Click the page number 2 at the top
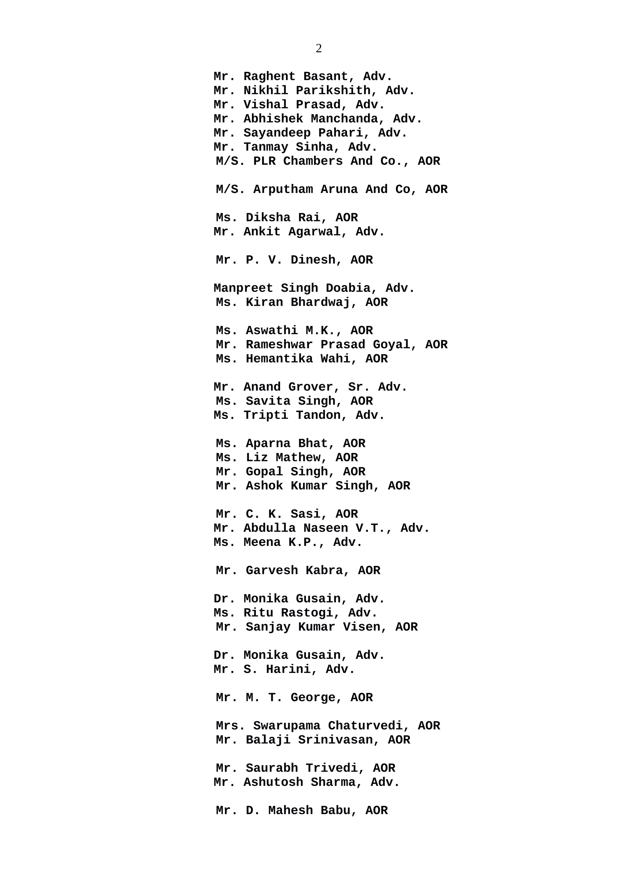(x=319, y=48)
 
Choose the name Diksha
(x=268, y=217)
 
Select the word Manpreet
(x=243, y=288)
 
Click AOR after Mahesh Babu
(x=376, y=810)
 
